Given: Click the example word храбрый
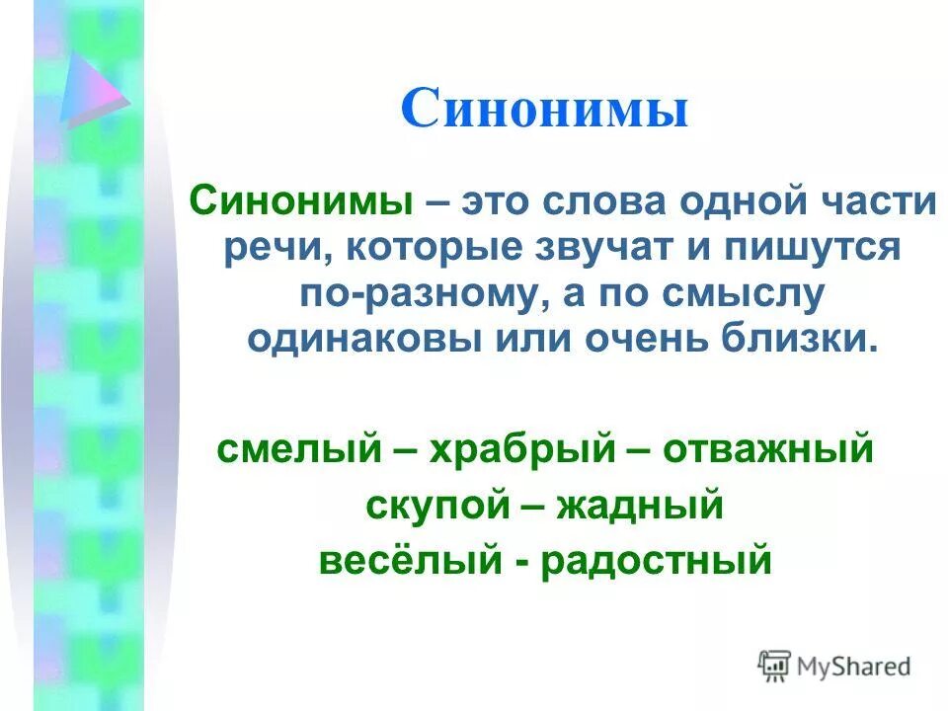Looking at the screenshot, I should tap(525, 449).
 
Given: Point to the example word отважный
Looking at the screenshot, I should tap(767, 449).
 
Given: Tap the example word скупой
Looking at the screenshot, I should tap(428, 506).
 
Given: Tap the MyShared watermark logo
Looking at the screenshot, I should tap(834, 666).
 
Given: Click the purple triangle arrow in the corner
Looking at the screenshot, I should tap(91, 88).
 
